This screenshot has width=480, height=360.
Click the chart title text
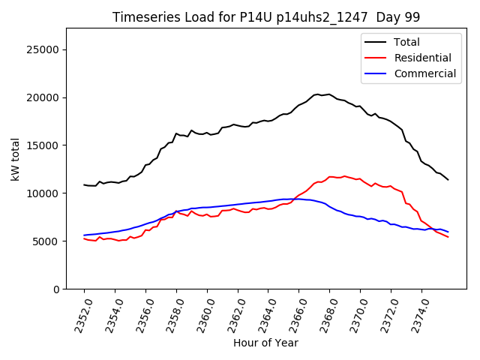(x=265, y=16)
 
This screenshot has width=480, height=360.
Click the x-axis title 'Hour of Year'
(x=265, y=343)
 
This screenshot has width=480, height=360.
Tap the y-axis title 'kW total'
(x=15, y=159)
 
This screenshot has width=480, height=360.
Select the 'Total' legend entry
(x=406, y=42)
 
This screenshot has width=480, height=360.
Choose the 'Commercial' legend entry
(x=424, y=73)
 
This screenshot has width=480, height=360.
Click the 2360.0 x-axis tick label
(x=202, y=315)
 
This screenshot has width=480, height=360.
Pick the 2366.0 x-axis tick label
(x=293, y=315)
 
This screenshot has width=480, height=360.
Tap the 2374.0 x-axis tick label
(x=416, y=315)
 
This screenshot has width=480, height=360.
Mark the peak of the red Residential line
(x=344, y=176)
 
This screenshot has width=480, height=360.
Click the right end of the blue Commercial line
(x=448, y=232)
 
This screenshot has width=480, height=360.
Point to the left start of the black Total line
(x=84, y=184)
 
